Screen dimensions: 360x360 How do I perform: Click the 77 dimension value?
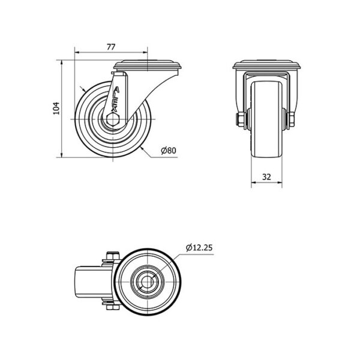pos(110,47)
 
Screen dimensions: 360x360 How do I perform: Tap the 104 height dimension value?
pos(56,109)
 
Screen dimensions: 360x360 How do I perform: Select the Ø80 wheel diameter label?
pos(169,151)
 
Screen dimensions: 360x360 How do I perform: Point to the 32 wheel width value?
pos(266,177)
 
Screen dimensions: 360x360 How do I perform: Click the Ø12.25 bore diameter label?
pos(199,248)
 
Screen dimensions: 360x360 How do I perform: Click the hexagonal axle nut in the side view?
pos(113,119)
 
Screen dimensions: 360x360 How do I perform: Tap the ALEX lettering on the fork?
pos(115,100)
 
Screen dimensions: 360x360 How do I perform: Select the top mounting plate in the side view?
pos(148,65)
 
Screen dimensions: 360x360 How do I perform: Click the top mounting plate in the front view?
pos(266,65)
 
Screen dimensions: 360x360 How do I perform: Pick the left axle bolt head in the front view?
pos(239,119)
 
